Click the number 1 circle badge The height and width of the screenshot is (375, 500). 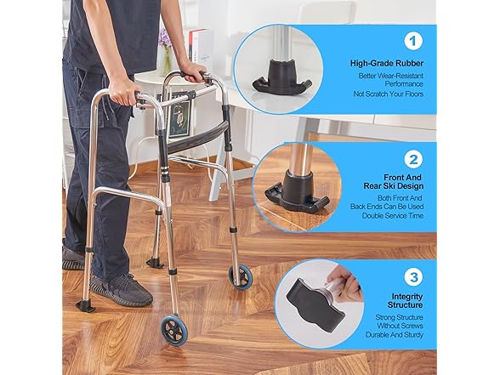coord(413,41)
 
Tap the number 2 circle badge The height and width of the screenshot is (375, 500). coord(413,160)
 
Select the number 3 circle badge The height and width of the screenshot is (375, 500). coord(413,277)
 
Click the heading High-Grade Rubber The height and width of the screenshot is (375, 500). coord(387,63)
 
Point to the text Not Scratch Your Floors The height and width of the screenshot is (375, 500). coord(389,94)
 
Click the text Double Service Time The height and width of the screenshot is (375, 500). coord(393,216)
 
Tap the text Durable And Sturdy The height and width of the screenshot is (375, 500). coord(395,335)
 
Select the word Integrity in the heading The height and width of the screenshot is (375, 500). coord(407,297)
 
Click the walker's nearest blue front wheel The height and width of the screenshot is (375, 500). coord(173,329)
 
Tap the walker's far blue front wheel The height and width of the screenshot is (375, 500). coord(241,277)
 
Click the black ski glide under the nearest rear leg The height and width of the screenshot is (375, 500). coord(85,305)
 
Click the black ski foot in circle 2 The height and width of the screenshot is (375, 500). coord(296,193)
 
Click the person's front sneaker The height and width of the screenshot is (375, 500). coord(121,290)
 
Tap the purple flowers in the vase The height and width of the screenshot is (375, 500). coord(165,38)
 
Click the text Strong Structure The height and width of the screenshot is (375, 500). coord(399,317)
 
